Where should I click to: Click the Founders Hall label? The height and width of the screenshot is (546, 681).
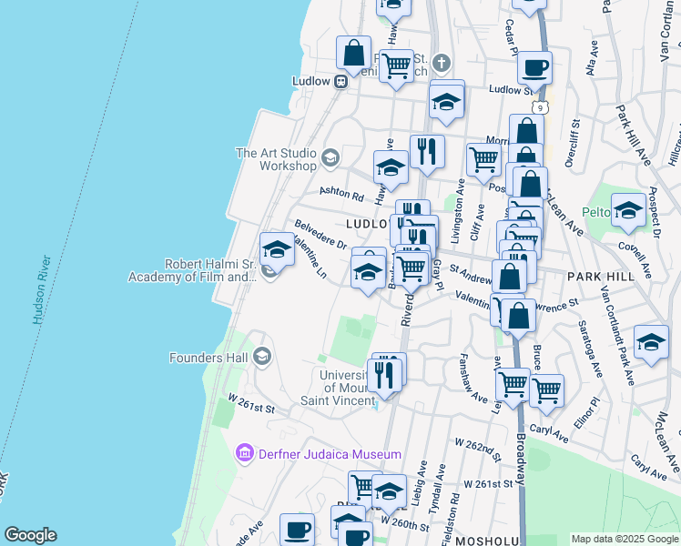209,358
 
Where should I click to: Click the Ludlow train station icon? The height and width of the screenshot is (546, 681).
341,81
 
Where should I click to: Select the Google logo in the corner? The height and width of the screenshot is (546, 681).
30,535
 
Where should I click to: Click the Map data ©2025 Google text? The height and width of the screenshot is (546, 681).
625,540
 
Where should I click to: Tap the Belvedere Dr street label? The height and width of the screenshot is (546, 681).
319,234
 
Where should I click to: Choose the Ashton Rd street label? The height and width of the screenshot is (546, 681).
341,195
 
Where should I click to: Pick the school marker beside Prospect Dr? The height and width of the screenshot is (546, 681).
628,211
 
